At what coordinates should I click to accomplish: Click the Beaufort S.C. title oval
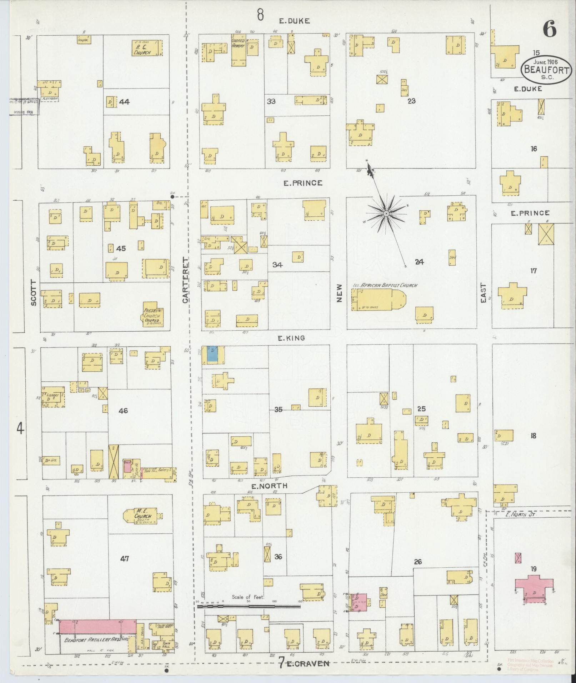[x=546, y=70]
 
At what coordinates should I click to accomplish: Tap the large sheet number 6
[x=550, y=29]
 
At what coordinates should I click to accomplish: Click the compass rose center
[x=386, y=214]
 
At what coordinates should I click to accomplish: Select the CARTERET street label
[x=186, y=280]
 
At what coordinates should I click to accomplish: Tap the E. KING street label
[x=292, y=337]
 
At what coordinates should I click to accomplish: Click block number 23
[x=411, y=101]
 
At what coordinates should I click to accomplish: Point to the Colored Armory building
[x=239, y=50]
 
